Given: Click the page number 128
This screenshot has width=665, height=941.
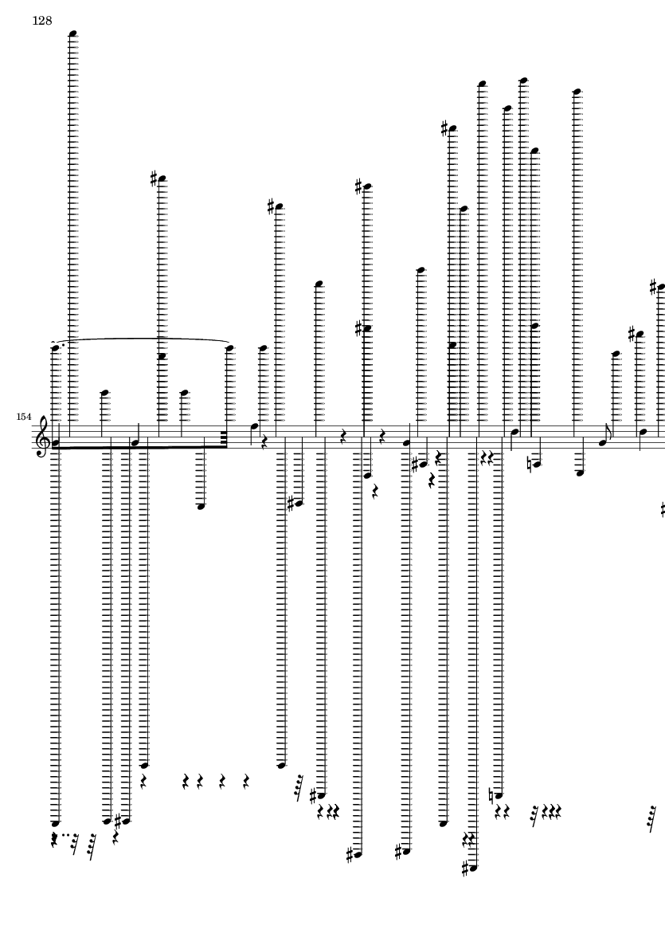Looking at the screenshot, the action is coord(42,21).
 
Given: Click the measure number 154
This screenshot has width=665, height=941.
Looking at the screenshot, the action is coord(24,417).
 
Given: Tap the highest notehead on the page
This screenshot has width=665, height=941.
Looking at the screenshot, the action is coord(73,33).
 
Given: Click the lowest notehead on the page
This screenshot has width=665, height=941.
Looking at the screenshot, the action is coord(473,868).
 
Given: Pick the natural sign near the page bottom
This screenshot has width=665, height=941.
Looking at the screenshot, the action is coord(491,796).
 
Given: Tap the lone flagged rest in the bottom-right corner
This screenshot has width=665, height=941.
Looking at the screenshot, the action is coord(652,817).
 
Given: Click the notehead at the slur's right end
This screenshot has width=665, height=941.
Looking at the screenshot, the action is coord(229,347).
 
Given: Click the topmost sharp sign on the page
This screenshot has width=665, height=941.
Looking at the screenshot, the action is coord(444,128).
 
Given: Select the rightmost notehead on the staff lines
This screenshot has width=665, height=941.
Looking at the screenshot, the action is coord(643,432).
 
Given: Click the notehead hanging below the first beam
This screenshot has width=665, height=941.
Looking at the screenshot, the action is coord(201,506).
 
